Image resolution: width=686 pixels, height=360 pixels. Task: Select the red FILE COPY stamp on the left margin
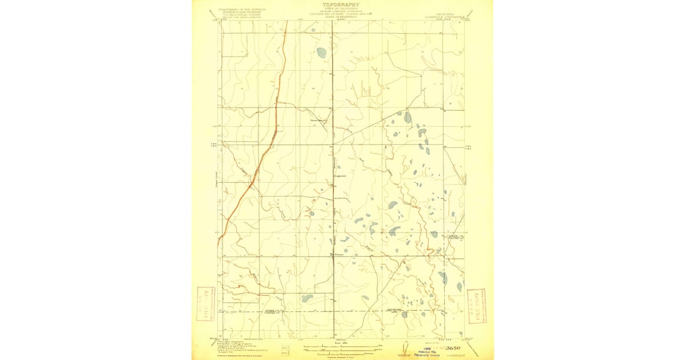(204, 304)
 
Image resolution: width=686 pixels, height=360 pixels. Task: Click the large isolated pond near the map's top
(321, 53)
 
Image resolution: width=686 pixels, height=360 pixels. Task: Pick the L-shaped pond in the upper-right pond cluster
(422, 133)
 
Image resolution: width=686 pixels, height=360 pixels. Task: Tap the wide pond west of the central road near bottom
(307, 298)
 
